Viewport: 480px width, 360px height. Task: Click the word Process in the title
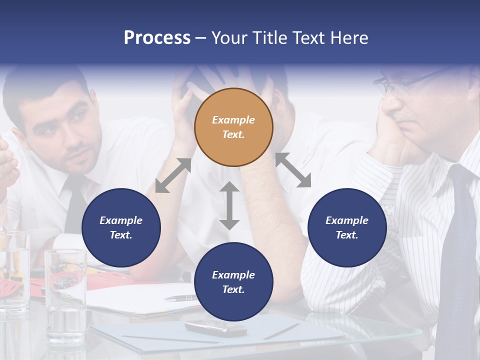157,38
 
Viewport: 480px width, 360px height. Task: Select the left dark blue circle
121,227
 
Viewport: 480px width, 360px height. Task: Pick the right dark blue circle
347,227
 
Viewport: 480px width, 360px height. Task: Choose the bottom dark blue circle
233,282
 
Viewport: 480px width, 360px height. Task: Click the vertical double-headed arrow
229,205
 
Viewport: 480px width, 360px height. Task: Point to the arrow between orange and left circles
173,175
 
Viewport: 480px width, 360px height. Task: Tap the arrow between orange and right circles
293,170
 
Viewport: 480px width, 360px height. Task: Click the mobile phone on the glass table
215,327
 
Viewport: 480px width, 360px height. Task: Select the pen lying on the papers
181,298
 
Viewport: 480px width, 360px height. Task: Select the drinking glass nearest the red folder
65,295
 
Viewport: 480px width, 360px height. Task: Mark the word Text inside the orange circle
233,134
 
